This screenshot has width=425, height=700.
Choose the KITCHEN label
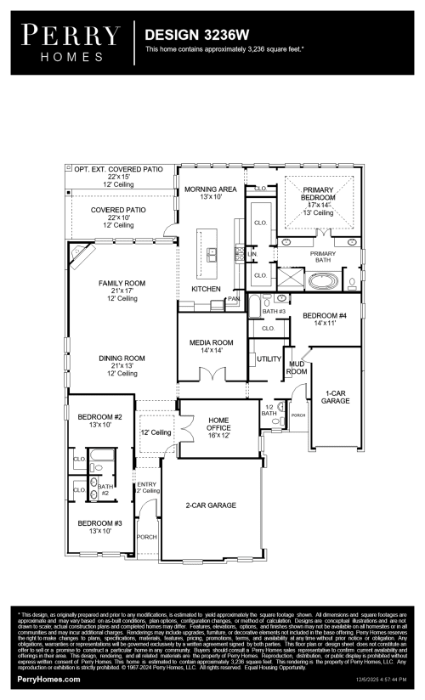click(206, 289)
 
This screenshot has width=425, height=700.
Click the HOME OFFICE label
click(218, 424)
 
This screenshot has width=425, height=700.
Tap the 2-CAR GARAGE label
click(211, 505)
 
